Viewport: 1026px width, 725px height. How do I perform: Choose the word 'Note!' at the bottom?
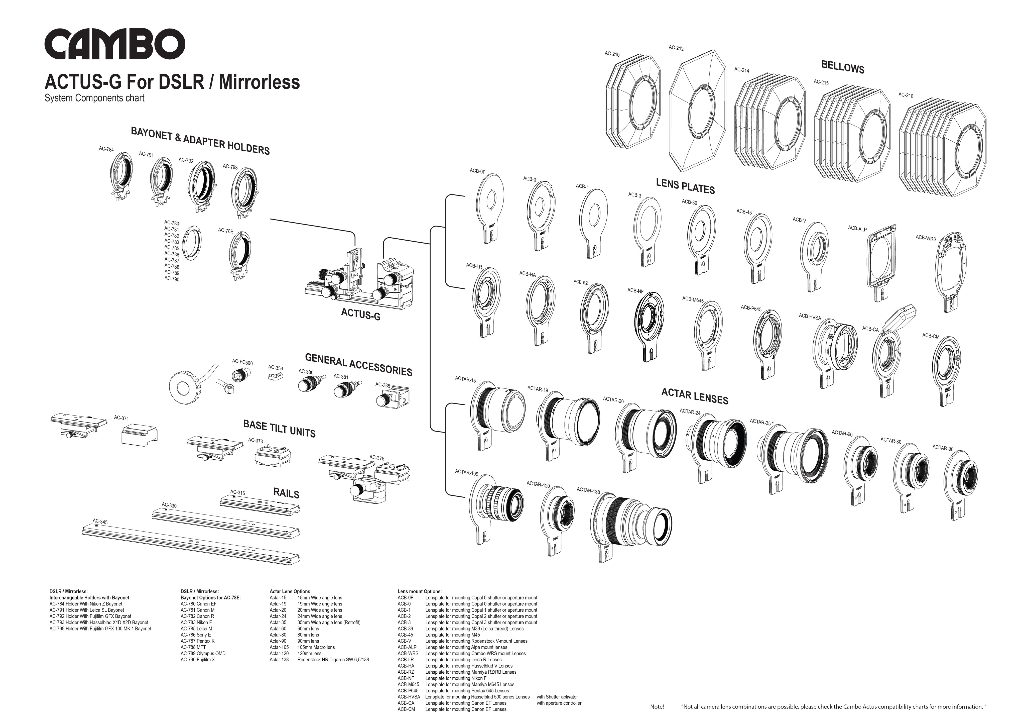coord(657,707)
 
